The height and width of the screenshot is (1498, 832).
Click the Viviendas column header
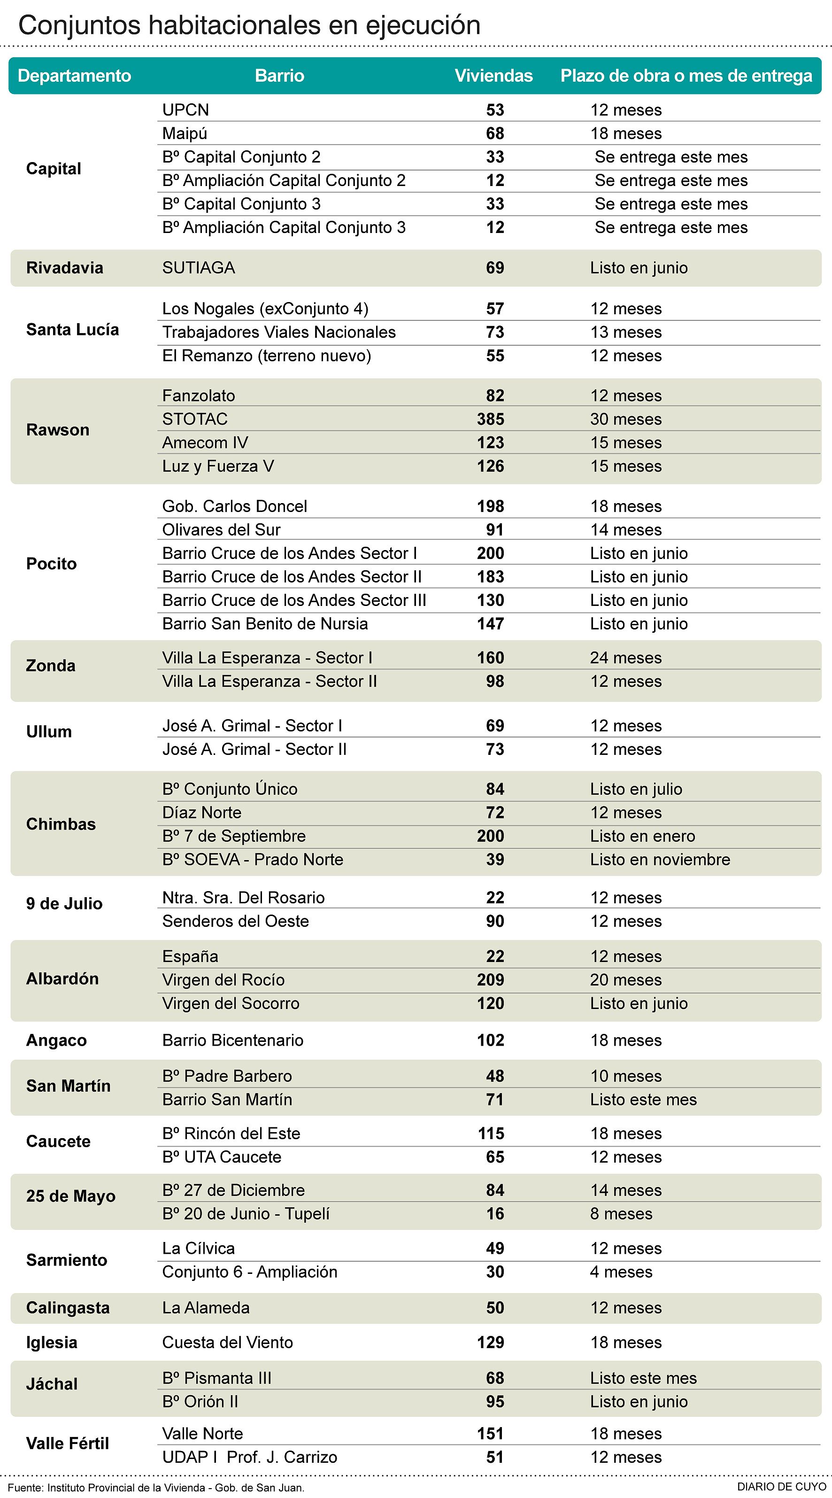coord(493,76)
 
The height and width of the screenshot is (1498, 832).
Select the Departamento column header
coord(75,76)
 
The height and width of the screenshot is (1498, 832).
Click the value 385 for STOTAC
coord(490,419)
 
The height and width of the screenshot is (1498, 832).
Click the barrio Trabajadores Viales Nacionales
coord(278,332)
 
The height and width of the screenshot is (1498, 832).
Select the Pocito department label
coord(51,564)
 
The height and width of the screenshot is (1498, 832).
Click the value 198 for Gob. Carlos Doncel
coord(490,506)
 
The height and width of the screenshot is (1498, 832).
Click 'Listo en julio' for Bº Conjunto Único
coord(636,789)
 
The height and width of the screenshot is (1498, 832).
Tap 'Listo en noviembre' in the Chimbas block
coord(660,860)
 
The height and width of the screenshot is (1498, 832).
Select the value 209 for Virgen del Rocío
coord(490,980)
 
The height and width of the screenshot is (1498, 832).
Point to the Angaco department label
coord(56,1040)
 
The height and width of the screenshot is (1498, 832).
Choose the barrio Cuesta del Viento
coord(227,1342)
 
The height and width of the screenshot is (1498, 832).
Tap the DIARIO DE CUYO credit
coord(781,1486)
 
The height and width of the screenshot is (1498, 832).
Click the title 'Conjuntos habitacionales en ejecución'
coord(249,25)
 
